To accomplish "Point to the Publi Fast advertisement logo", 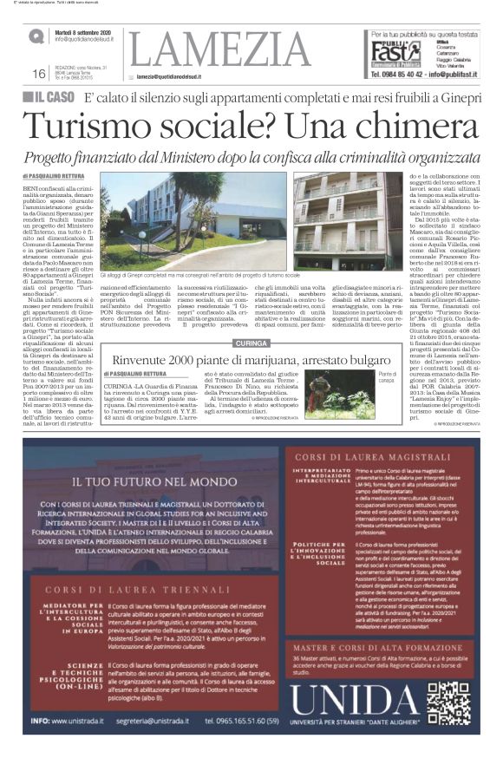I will [389, 53].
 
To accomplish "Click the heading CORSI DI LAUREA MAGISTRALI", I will [358, 454].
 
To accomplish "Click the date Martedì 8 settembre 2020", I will [88, 31].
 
